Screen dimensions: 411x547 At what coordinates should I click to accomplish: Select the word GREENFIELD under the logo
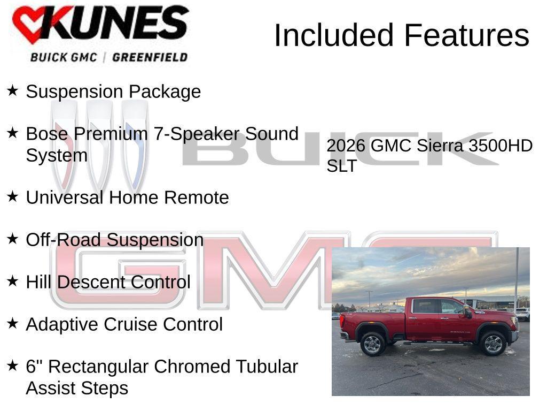[x=150, y=57]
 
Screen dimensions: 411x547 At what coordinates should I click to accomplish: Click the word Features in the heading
[x=466, y=35]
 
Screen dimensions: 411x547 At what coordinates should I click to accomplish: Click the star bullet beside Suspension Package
[x=12, y=90]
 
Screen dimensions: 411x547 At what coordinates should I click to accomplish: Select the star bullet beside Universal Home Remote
[x=12, y=196]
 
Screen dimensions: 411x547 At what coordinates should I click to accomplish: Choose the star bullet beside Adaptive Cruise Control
[x=12, y=323]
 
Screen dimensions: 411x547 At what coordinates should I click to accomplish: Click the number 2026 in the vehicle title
[x=346, y=146]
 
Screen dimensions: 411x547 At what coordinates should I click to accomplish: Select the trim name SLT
[x=341, y=166]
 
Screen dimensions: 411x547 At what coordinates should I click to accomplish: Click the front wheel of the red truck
[x=493, y=344]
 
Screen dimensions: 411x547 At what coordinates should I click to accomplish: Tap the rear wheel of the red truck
[x=372, y=344]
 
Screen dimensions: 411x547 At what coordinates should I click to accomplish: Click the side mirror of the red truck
[x=468, y=312]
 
